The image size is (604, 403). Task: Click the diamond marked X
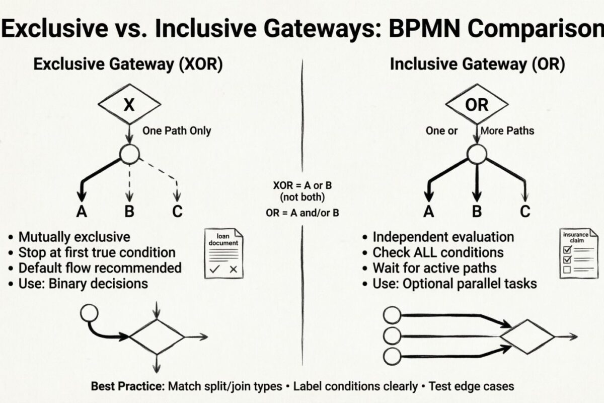tap(129, 105)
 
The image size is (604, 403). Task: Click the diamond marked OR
tap(476, 105)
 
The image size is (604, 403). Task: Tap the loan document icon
tap(223, 253)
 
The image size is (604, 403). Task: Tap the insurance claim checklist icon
tap(575, 253)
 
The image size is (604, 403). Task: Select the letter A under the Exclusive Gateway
tap(81, 211)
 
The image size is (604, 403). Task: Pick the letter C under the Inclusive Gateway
tap(525, 211)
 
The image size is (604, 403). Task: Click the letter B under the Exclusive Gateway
tap(129, 211)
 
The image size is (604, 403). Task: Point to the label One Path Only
tap(177, 131)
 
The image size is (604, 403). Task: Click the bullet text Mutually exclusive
tap(74, 237)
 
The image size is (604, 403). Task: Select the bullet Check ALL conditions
tap(437, 252)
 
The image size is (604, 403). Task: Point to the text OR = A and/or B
tap(302, 213)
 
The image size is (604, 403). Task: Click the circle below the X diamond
tap(129, 155)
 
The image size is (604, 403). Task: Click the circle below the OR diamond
tap(476, 155)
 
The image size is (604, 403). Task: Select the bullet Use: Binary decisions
tap(83, 283)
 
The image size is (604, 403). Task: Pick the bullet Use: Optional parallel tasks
tap(454, 283)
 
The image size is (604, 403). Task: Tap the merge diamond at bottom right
tap(526, 336)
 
